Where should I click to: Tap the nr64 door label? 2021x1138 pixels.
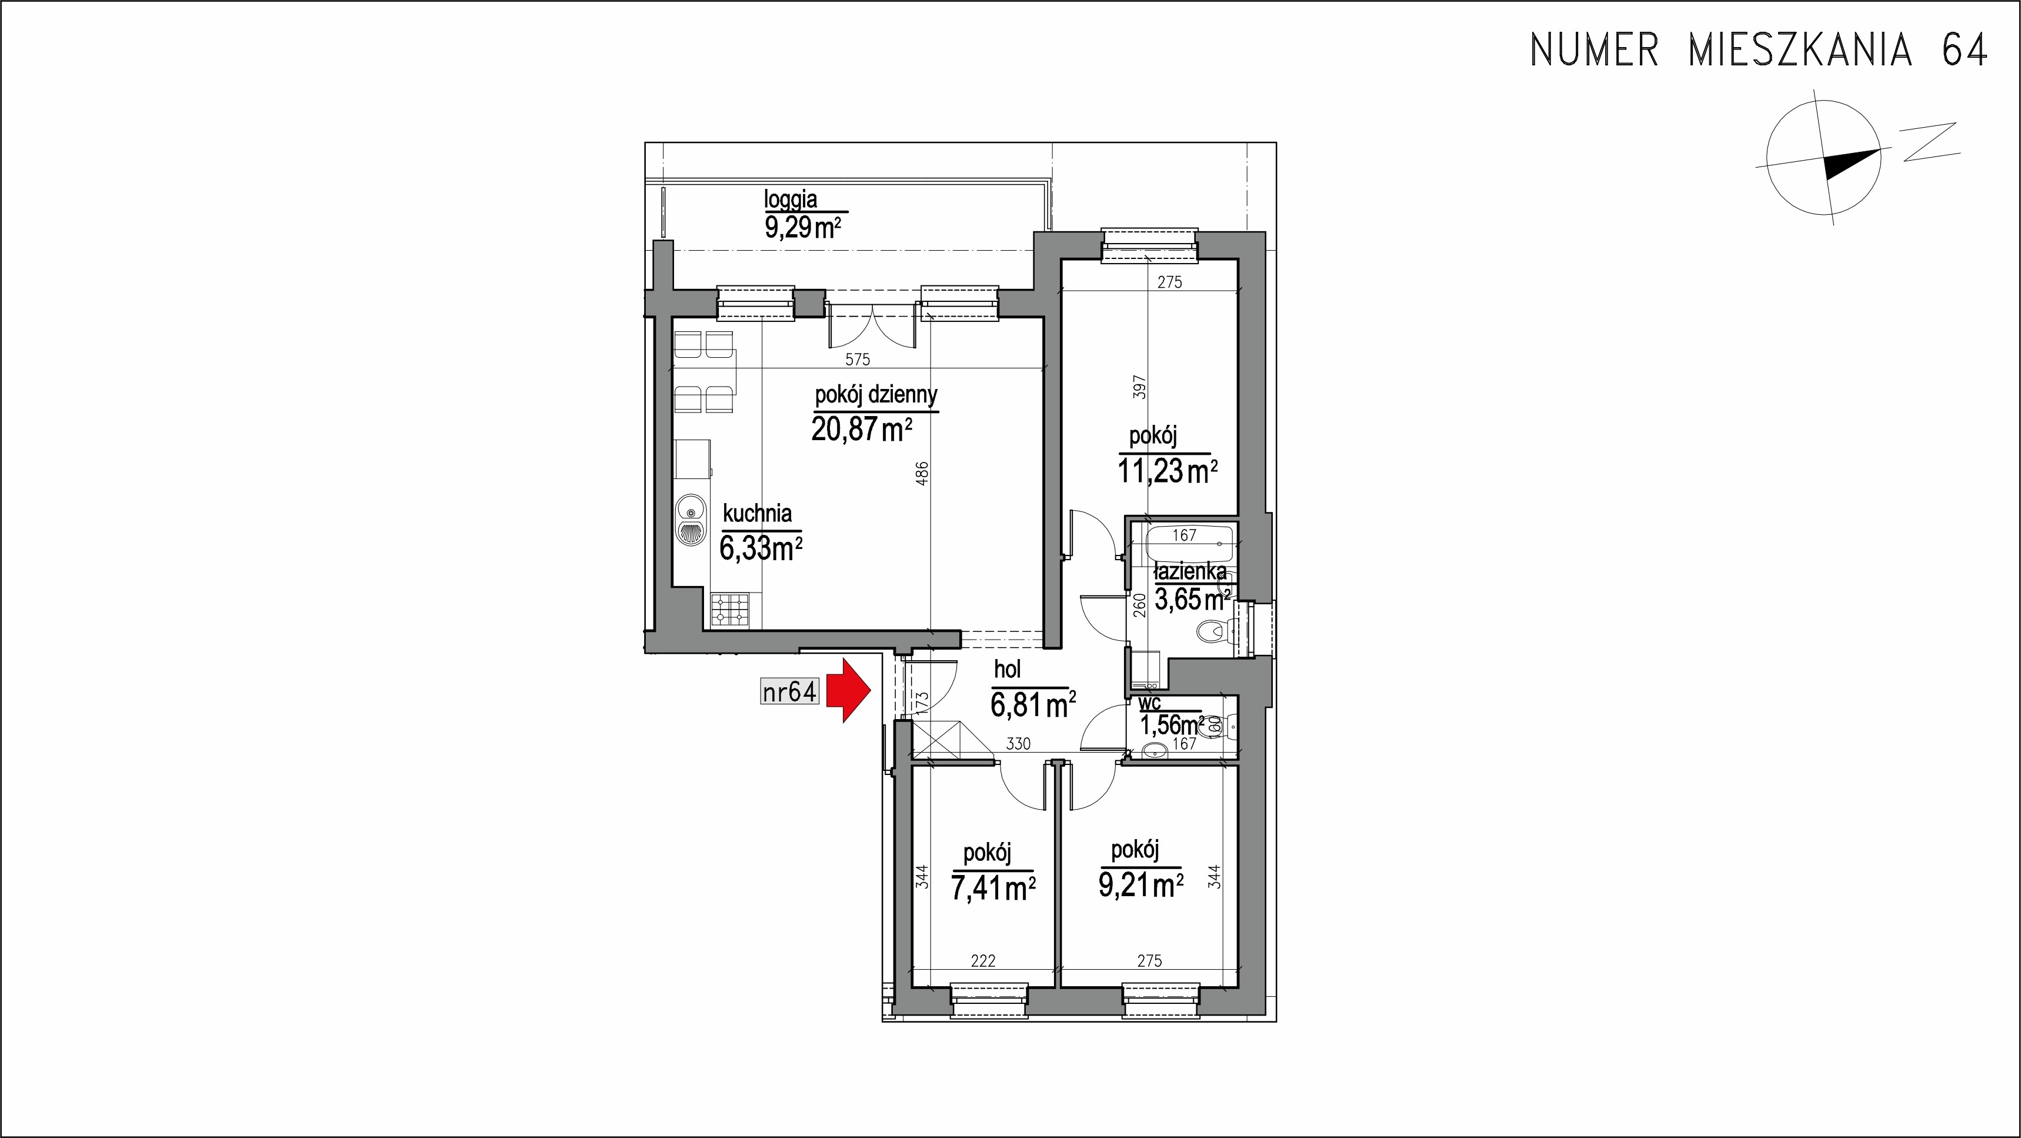(790, 692)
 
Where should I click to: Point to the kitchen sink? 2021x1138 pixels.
(142, 520)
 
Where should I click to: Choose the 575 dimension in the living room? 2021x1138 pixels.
(858, 360)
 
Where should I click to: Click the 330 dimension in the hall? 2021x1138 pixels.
(1018, 743)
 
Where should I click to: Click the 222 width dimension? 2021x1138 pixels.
(982, 961)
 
